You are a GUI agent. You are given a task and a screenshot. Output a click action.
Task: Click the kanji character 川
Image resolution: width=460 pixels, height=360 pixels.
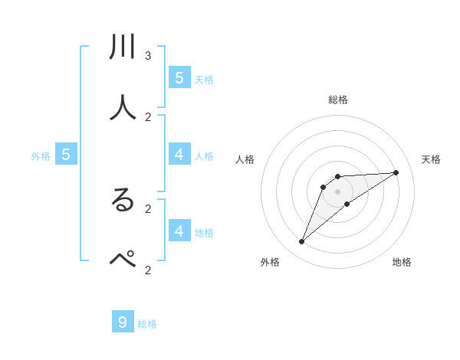coord(123,47)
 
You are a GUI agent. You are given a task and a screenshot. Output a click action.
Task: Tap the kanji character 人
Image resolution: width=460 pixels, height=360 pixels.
coord(123,108)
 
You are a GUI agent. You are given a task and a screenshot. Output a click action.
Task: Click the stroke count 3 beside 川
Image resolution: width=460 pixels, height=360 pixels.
coord(148,56)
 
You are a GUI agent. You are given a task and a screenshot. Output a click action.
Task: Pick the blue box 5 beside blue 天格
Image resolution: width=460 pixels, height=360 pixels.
coord(179,77)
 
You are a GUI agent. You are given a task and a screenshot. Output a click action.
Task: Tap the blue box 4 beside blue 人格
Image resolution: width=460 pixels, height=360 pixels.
coord(179,155)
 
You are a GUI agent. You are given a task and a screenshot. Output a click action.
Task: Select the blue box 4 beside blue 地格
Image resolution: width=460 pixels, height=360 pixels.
coord(179,231)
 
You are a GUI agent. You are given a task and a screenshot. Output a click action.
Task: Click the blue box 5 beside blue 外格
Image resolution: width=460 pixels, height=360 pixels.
coord(66,155)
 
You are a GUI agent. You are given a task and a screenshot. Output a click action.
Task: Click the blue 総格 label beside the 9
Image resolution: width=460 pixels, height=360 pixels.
coord(147,324)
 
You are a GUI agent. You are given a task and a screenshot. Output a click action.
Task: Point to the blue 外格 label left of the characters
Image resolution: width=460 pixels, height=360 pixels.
coord(41,156)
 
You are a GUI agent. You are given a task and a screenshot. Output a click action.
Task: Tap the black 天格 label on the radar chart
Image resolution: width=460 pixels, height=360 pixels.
coord(431,159)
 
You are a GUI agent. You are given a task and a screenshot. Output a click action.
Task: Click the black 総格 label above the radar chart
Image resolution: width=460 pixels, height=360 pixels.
coord(338,100)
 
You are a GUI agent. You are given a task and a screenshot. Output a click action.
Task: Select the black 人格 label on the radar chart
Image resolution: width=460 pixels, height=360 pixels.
coord(245,159)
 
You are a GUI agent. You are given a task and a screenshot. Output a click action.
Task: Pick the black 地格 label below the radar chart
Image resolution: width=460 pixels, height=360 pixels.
coord(402,262)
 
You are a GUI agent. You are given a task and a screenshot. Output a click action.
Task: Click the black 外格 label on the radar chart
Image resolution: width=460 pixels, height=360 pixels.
coord(270,262)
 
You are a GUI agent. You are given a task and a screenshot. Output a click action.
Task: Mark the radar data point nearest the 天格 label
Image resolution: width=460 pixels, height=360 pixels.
coord(396,172)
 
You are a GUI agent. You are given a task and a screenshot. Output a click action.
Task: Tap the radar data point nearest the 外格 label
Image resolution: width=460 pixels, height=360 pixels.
coord(301,242)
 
